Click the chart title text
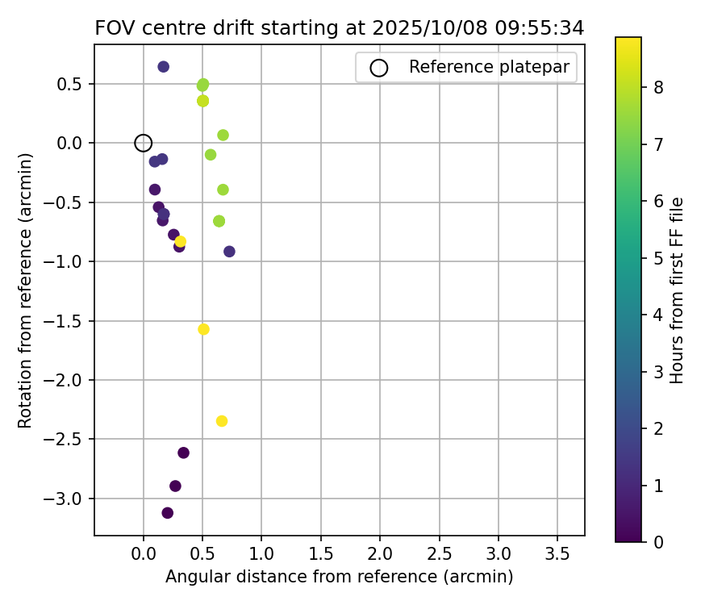click(339, 27)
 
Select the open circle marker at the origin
click(144, 143)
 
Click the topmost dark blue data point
click(163, 66)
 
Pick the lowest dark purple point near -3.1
click(168, 513)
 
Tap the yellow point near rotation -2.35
click(222, 421)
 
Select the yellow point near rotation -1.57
click(203, 329)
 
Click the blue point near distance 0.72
click(229, 252)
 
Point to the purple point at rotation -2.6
click(183, 453)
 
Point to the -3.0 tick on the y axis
click(70, 499)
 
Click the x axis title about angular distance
click(339, 577)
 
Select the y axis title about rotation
click(26, 290)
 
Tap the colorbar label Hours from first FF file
click(678, 290)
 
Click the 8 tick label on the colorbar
click(658, 88)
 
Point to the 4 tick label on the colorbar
click(658, 315)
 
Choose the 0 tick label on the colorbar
click(658, 541)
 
